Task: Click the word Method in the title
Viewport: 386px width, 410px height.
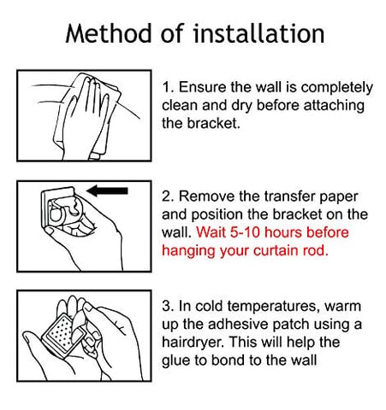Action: coord(109,33)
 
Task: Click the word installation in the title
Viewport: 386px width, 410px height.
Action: coord(258,33)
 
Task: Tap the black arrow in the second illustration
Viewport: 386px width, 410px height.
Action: coord(107,190)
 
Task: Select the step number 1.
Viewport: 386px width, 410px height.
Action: coord(168,87)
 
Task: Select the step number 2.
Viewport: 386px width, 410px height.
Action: coord(168,196)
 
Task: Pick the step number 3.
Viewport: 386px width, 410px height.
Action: coord(168,307)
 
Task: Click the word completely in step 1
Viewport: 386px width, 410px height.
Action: coord(336,88)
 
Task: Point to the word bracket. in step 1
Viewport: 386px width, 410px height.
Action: coord(213,123)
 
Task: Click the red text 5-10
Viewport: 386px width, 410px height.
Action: coord(245,232)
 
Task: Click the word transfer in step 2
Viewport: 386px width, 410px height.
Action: coord(289,196)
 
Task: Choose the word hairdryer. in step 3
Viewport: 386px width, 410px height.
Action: coord(193,343)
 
